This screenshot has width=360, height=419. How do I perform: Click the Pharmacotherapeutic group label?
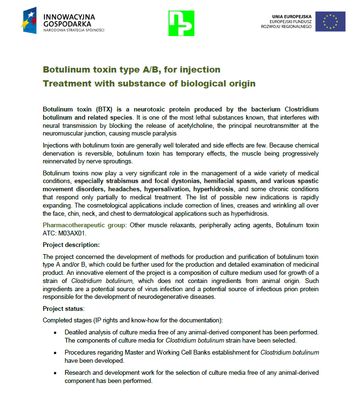click(84, 225)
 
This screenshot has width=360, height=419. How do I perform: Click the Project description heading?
click(71, 245)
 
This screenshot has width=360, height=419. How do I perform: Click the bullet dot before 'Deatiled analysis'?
click(55, 333)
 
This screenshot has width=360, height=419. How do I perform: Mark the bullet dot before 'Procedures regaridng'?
click(55, 353)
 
